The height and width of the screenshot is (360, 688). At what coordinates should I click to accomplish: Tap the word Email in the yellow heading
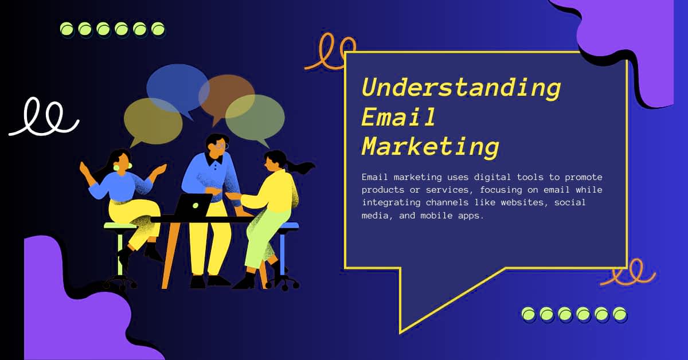click(398, 117)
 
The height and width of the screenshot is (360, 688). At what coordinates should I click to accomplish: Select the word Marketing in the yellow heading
click(431, 148)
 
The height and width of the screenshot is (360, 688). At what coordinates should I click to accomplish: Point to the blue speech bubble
click(178, 89)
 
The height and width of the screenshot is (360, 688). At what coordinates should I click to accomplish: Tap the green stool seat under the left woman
click(120, 226)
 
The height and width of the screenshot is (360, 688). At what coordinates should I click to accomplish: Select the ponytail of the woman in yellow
click(301, 167)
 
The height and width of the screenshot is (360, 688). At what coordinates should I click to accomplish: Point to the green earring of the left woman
click(116, 168)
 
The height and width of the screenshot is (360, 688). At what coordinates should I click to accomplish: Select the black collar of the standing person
click(214, 159)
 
